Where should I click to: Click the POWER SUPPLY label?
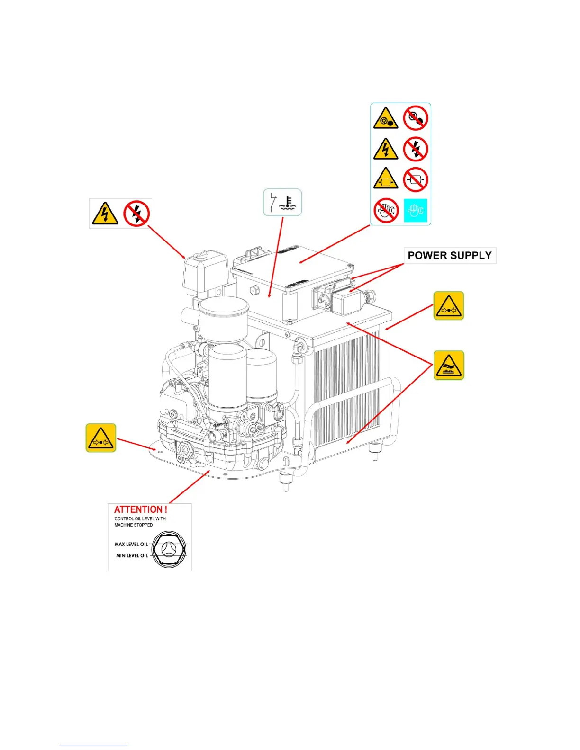(449, 256)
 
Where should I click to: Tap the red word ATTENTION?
(140, 509)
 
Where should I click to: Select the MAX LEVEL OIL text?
(131, 544)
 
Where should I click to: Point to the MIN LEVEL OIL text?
(132, 555)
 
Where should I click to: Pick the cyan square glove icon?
(416, 210)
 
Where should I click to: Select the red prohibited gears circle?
(416, 118)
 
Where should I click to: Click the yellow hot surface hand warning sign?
(449, 365)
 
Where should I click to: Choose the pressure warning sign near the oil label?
(101, 438)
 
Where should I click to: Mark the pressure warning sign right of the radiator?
(449, 306)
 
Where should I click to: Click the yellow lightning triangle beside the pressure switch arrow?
(105, 214)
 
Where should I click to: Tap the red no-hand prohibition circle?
(386, 210)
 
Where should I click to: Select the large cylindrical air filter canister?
(224, 319)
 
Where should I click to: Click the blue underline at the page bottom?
(93, 746)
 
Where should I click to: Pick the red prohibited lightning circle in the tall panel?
(416, 149)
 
